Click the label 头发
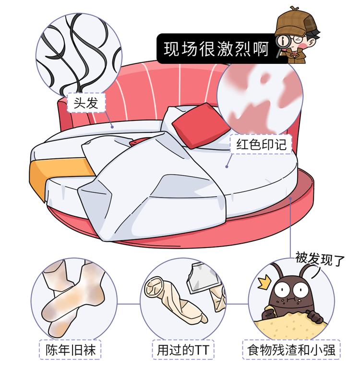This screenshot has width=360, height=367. (x=86, y=103)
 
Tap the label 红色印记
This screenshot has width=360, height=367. (x=261, y=144)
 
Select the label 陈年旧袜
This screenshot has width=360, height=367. (x=70, y=350)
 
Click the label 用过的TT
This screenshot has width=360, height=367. (x=183, y=350)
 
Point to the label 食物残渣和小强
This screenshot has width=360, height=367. (x=291, y=350)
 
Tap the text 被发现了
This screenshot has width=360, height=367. (x=320, y=259)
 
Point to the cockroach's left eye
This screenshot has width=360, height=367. (x=282, y=290)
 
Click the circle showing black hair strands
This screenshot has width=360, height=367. (x=79, y=55)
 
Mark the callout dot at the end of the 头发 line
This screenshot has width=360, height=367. (x=112, y=127)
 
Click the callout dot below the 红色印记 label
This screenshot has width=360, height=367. (x=227, y=166)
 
